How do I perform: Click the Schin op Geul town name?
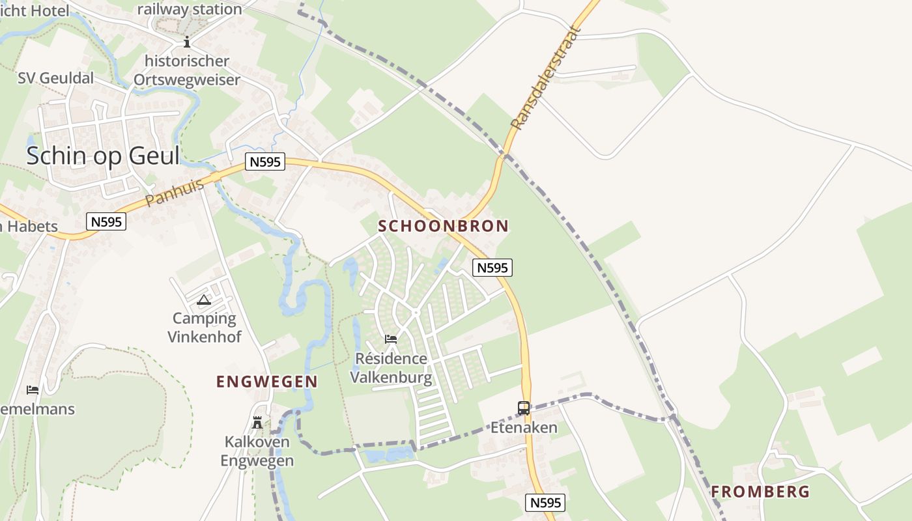[x=103, y=156]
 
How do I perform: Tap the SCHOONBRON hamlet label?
[x=443, y=226]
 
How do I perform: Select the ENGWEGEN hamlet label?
[x=267, y=382]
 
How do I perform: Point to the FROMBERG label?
[x=760, y=492]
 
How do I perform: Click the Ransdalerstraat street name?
[x=545, y=78]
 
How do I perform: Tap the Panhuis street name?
[x=175, y=193]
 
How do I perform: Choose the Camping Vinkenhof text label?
[x=205, y=328]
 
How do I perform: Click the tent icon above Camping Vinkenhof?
[x=204, y=300]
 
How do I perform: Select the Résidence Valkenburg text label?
[x=391, y=368]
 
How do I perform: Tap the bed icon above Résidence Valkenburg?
[x=391, y=339]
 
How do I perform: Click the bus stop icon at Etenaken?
[x=524, y=408]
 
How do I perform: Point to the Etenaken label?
[x=524, y=427]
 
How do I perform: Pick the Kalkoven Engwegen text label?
[x=257, y=451]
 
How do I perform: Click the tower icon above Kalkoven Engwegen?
[x=257, y=423]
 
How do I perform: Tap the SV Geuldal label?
[x=56, y=78]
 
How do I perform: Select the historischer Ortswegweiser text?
[x=187, y=70]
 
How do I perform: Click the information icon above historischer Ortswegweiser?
[x=187, y=42]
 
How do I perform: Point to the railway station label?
[x=190, y=9]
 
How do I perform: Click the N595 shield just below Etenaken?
[x=545, y=502]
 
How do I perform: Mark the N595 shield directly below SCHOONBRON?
[x=492, y=267]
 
